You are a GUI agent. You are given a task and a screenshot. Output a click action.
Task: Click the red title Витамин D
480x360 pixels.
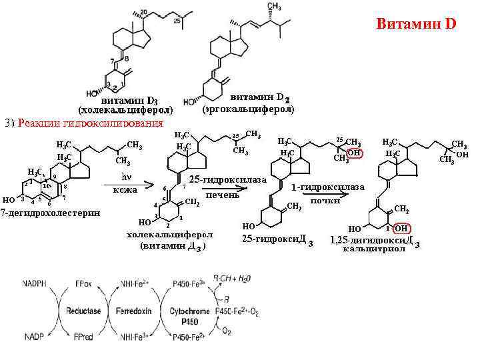coord(415,24)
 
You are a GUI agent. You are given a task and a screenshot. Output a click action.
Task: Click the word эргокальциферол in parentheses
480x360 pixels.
coord(248,107)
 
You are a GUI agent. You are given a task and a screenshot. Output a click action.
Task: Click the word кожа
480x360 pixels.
coord(125,190)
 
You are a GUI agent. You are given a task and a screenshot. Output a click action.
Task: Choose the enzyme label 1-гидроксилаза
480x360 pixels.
coord(328,187)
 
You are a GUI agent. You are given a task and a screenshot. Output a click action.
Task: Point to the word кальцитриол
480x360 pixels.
coord(373,249)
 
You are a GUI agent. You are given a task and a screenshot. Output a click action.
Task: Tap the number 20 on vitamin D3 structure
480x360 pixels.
coord(143,13)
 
